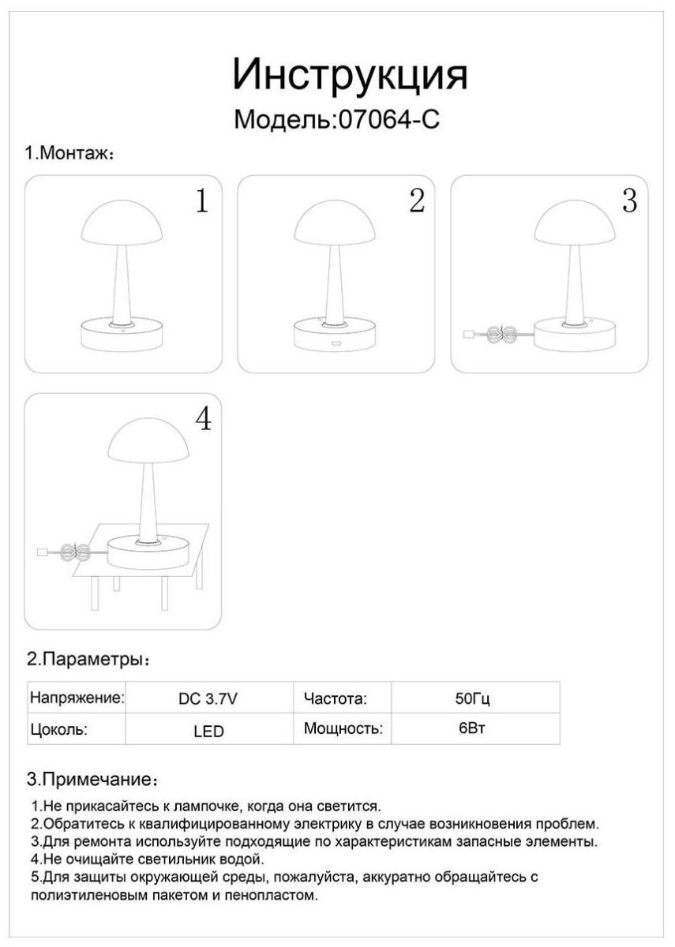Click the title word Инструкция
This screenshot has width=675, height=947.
click(351, 75)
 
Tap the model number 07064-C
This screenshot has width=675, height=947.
click(389, 120)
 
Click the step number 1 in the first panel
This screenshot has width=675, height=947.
click(202, 200)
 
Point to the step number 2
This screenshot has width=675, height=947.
click(417, 200)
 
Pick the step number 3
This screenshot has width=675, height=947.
click(629, 200)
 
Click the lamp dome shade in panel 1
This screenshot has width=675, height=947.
click(122, 223)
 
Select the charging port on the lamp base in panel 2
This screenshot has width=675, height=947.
click(336, 342)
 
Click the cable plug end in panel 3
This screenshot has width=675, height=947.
click(469, 335)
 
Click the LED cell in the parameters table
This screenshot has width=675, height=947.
click(208, 731)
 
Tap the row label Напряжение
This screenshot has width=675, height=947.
click(77, 698)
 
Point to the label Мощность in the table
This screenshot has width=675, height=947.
click(343, 728)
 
